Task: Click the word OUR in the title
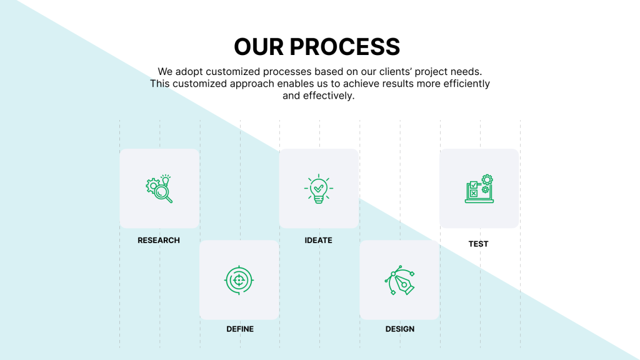[258, 47]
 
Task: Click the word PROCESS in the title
[344, 47]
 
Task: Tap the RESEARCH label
[159, 240]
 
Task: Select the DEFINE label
[240, 329]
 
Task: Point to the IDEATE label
[319, 240]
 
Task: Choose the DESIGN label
[400, 329]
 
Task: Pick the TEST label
[479, 244]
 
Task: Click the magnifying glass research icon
[159, 189]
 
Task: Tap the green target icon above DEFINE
[239, 280]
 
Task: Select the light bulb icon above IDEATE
[319, 188]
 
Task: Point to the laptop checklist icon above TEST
[479, 189]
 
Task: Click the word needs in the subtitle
[466, 72]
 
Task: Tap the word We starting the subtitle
[165, 72]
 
